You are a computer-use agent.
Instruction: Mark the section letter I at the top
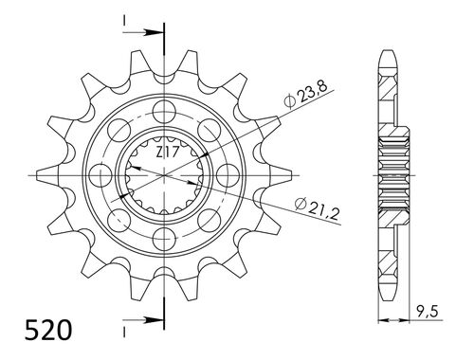[124, 20]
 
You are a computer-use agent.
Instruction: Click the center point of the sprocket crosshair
[164, 175]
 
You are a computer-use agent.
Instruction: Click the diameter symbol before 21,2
[301, 200]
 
